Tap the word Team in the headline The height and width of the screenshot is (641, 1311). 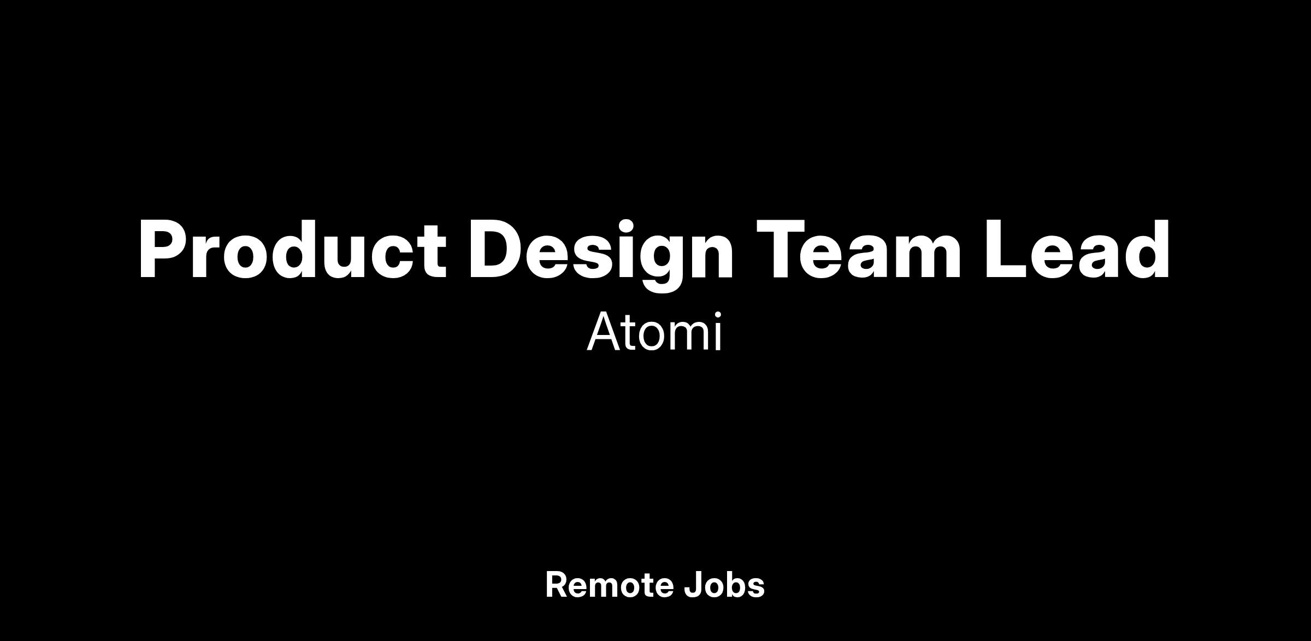tap(858, 250)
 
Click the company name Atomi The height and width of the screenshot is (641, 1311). tap(654, 332)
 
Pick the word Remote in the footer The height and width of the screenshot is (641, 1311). tap(609, 585)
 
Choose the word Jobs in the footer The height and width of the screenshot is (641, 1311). tap(724, 585)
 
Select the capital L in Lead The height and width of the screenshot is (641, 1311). tap(1008, 250)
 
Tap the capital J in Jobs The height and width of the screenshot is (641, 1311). tap(693, 585)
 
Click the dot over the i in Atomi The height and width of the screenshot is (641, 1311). tap(718, 315)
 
